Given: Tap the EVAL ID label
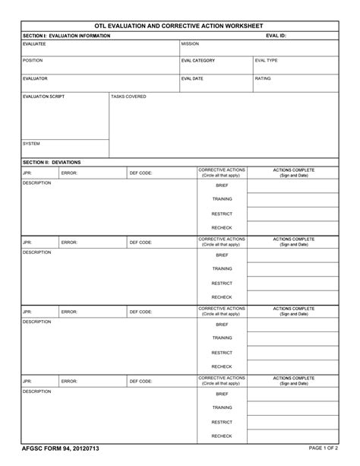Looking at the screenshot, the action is (276, 36).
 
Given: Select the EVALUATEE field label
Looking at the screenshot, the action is (34, 44).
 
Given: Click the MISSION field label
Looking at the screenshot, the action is (190, 44).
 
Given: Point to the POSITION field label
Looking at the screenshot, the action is (33, 60).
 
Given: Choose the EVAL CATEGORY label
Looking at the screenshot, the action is (198, 60).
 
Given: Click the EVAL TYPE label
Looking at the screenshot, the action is (267, 60).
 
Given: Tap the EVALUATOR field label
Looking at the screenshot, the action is (35, 78).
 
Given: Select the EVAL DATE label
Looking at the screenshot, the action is (192, 78).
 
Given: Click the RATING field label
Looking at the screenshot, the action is (263, 78).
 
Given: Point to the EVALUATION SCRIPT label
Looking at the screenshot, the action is (43, 97).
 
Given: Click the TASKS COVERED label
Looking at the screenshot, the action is (128, 97).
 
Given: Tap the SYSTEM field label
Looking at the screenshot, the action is (31, 143).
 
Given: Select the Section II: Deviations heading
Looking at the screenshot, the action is (52, 162).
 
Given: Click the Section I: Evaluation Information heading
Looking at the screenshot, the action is (66, 36).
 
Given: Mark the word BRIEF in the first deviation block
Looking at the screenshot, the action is (222, 185).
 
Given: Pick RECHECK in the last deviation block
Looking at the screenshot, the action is (222, 436).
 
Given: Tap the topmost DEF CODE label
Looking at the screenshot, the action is (141, 173).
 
